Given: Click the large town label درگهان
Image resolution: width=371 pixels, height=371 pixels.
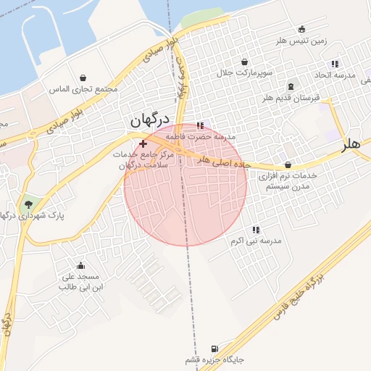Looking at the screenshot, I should pos(150,121).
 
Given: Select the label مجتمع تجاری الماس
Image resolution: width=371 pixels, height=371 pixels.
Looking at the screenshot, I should pos(83,89).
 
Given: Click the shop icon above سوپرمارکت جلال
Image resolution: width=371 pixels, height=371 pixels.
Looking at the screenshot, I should pos(244,62).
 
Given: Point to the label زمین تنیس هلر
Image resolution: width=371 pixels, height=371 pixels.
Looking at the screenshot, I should pos(299,41).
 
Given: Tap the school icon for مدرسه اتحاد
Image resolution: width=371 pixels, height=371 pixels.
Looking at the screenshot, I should pos(334,64).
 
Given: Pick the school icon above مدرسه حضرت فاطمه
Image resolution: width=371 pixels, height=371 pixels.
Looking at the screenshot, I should pos(200,125).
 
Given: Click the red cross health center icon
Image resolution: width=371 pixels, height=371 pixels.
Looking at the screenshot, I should pos(142,145).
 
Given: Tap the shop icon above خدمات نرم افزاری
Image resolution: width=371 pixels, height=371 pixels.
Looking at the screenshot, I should pos(288,164).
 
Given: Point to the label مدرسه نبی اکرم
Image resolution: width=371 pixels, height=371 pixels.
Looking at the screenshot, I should pos(255,240).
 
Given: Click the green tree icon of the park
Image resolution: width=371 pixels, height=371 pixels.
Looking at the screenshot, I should pos(28,204).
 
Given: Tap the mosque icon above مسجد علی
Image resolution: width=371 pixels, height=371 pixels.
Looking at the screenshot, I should pos(80,265).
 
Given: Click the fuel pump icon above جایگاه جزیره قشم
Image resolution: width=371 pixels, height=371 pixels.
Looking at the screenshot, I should pos(214,349).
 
